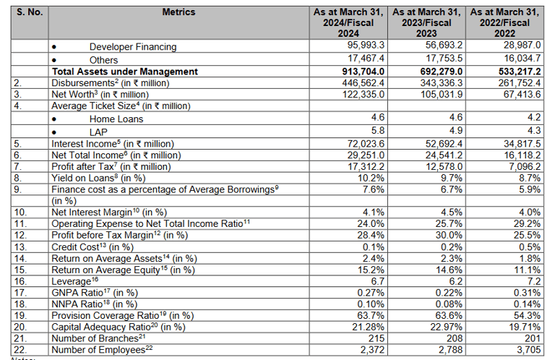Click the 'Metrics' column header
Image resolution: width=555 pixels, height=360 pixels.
point(178,12)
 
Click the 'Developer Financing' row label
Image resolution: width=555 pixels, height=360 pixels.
point(132,47)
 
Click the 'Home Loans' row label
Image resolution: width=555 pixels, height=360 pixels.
point(116,119)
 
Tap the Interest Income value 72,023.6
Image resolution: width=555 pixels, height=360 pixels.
point(369,144)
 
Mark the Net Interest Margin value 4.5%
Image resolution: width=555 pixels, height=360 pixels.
point(450,212)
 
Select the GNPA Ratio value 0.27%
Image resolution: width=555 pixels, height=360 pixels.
point(373,292)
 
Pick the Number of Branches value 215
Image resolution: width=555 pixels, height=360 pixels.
point(377,338)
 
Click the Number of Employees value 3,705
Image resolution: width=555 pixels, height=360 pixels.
point(527,349)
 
